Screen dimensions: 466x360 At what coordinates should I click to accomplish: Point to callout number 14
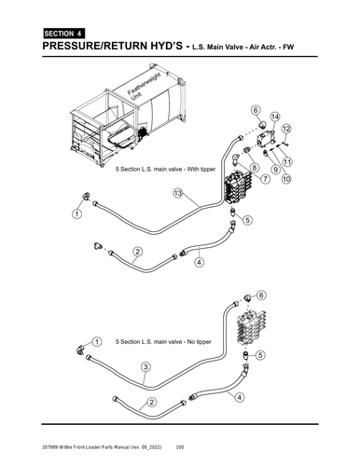(274, 117)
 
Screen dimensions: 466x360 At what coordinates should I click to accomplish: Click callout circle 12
(286, 128)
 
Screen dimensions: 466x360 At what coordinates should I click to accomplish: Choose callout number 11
(285, 160)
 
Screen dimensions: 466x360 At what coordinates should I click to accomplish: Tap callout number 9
(275, 170)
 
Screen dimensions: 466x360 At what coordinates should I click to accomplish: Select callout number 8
(254, 166)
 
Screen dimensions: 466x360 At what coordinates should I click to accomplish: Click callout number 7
(266, 178)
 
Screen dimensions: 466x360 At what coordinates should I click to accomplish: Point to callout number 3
(145, 367)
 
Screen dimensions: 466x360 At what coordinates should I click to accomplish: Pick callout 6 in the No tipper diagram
(261, 295)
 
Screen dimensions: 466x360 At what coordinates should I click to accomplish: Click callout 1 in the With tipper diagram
(75, 214)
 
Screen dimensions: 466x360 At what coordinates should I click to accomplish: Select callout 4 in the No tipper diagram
(240, 397)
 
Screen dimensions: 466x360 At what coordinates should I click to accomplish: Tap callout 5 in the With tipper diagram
(247, 221)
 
